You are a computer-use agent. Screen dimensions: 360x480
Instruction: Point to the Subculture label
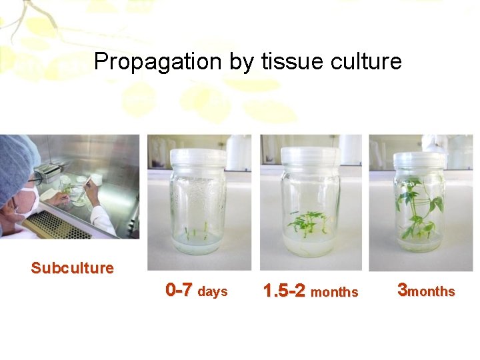pos(72,268)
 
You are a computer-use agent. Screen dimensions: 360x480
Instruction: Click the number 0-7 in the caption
pos(179,290)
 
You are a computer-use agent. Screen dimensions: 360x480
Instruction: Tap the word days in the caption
pos(213,292)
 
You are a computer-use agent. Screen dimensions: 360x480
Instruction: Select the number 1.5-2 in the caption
pos(285,291)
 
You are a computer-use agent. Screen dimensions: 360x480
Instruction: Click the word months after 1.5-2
pos(334,293)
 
